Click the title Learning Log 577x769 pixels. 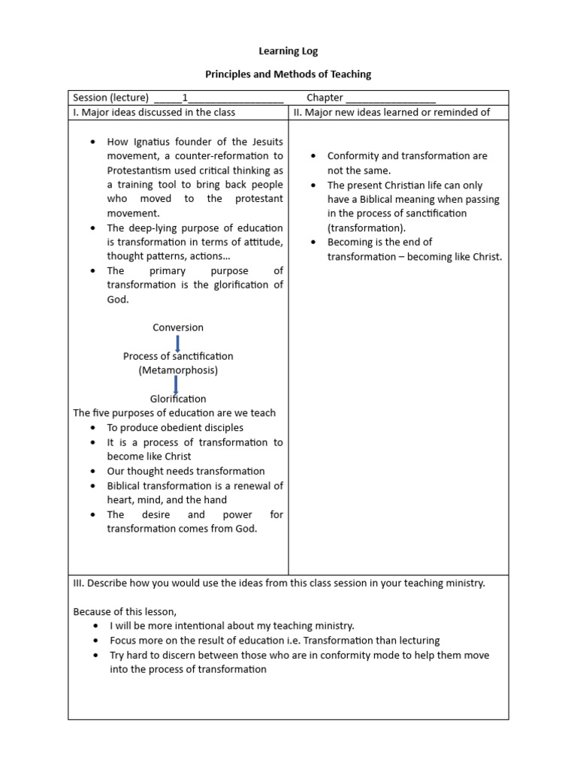[288, 51]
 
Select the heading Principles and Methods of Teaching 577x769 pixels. [288, 74]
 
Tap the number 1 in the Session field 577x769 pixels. [185, 98]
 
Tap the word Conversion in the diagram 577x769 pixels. [178, 327]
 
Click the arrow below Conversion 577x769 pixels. [177, 342]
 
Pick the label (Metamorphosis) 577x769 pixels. [178, 370]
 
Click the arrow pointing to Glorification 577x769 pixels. [176, 385]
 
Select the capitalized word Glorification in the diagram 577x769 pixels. [178, 399]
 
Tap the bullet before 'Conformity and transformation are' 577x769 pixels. [313, 156]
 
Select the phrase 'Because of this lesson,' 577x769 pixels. [125, 611]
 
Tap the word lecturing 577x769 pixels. [416, 641]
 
